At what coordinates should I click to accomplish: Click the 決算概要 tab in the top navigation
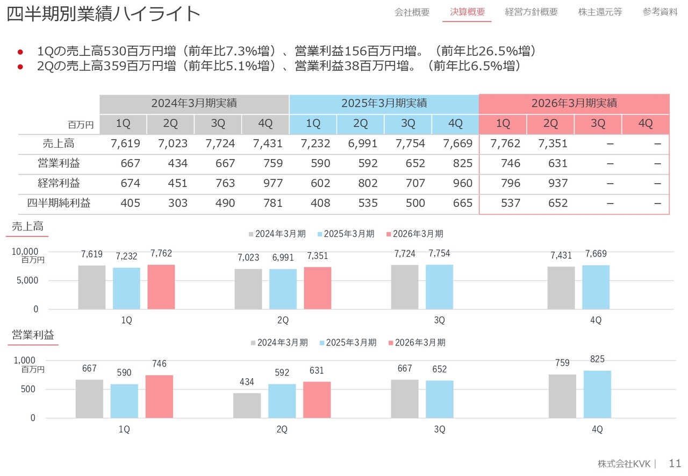(x=467, y=12)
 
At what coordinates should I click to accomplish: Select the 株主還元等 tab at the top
(x=600, y=12)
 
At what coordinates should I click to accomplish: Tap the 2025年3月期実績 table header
(x=384, y=103)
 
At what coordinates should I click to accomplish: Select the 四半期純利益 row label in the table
(x=59, y=203)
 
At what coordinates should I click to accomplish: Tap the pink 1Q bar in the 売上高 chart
(x=161, y=287)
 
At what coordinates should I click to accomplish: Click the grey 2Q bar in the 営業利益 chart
(x=247, y=405)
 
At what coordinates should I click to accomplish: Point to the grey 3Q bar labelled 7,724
(x=405, y=287)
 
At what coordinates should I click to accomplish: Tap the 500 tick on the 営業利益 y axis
(x=28, y=390)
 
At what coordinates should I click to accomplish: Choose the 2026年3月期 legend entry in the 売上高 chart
(x=414, y=234)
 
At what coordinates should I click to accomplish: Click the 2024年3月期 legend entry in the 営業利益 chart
(x=278, y=343)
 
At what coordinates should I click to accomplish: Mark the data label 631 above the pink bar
(x=317, y=371)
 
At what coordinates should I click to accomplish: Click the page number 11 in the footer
(x=675, y=463)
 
